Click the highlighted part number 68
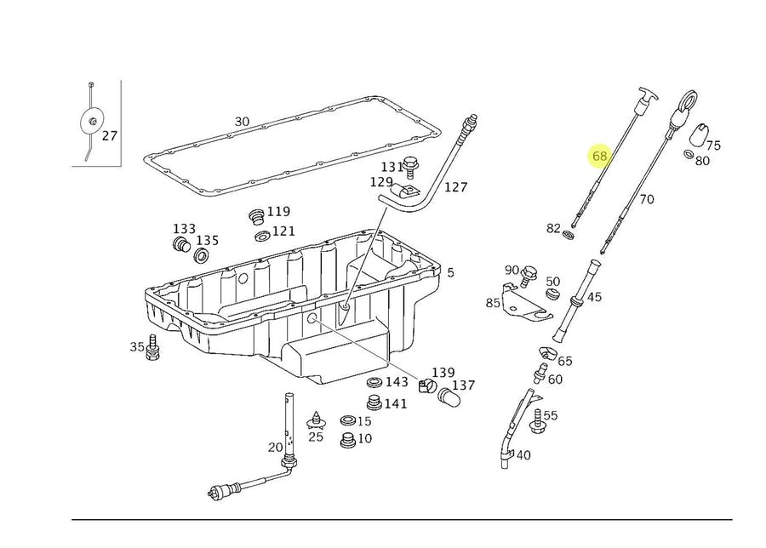coord(600,156)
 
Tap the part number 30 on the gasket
coord(242,122)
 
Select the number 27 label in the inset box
coord(110,135)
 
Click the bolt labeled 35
coord(154,348)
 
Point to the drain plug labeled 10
coord(346,441)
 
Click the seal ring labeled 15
coord(347,421)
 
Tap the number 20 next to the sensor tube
coord(275,447)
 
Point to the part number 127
coord(456,187)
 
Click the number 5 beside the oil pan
coord(450,273)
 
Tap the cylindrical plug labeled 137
coord(448,396)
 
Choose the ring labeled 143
coord(374,382)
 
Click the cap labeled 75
coord(698,135)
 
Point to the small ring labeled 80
coord(688,154)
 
